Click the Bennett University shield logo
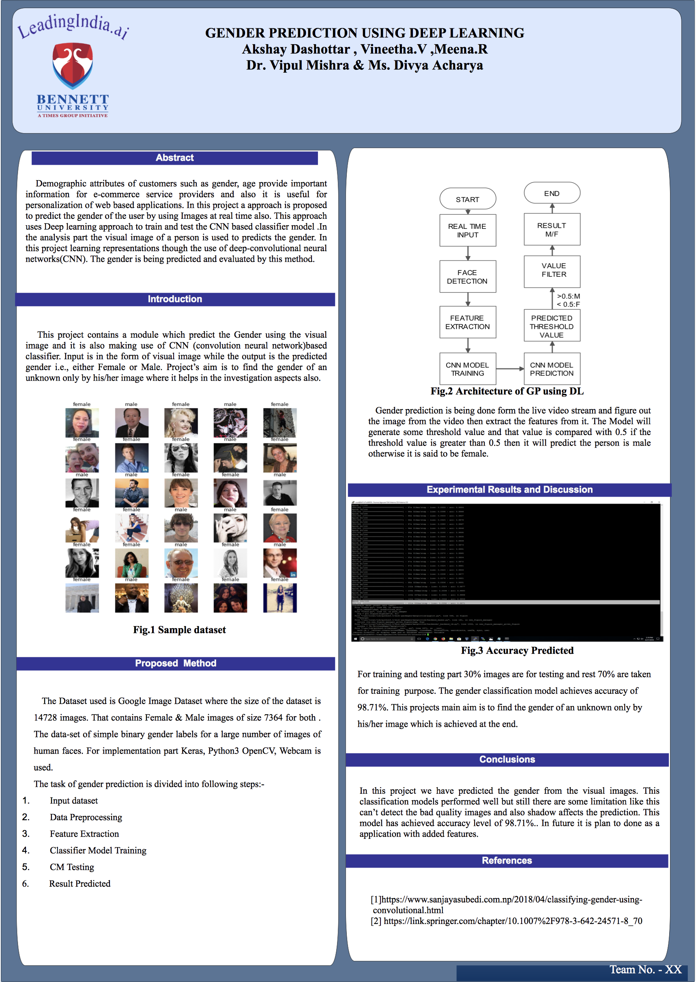point(73,65)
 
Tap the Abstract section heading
point(174,158)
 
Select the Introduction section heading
point(175,299)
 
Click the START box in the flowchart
point(468,199)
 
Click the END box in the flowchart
point(552,194)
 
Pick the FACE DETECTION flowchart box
point(468,277)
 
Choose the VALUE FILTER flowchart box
point(552,271)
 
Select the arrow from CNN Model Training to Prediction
point(510,369)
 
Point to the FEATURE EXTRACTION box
point(468,323)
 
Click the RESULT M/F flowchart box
point(552,230)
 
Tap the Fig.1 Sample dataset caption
point(179,629)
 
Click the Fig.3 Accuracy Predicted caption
point(517,650)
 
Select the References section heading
point(507,861)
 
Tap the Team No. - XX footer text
point(645,969)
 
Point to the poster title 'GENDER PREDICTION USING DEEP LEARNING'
point(364,33)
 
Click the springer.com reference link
point(513,921)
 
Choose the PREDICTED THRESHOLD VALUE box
point(552,326)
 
